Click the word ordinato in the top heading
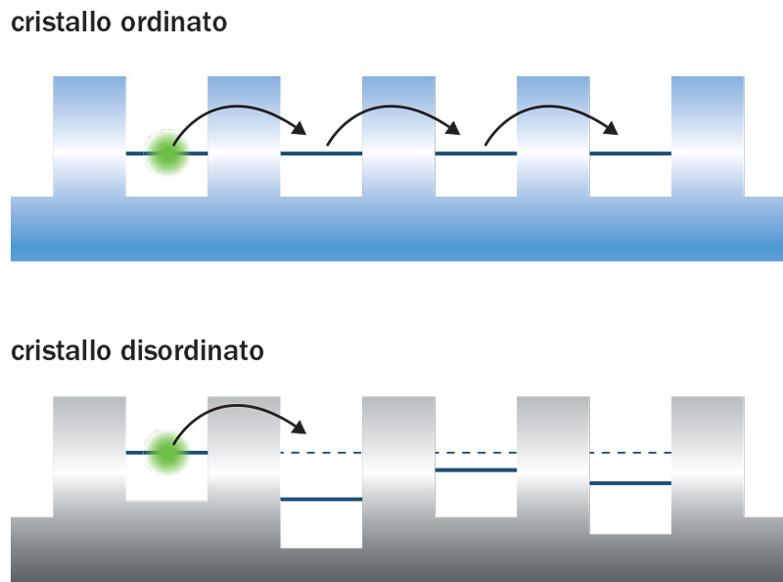[x=175, y=22]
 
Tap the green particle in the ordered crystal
[x=167, y=153]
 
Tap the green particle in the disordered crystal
[x=167, y=452]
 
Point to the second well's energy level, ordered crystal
[x=321, y=154]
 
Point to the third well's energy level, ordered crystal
[x=476, y=154]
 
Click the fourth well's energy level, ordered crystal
[x=630, y=154]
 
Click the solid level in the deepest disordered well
[x=321, y=499]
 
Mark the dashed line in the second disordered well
[x=321, y=453]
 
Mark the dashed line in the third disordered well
[x=476, y=453]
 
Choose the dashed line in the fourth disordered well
[x=630, y=453]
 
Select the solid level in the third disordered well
[x=476, y=470]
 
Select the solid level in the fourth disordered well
[x=630, y=483]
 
